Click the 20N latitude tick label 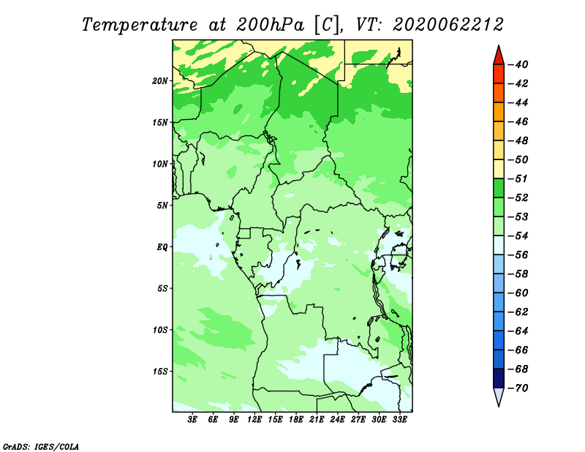tap(160, 81)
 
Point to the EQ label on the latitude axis tap(162, 247)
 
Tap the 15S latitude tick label tap(160, 372)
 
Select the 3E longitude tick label tap(192, 419)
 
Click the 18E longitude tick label tap(296, 419)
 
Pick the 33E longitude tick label tap(399, 419)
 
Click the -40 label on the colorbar tap(518, 64)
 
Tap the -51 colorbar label tap(518, 178)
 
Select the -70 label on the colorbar tap(518, 388)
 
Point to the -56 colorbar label tap(518, 255)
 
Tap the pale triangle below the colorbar tap(499, 396)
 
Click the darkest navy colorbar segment tap(499, 378)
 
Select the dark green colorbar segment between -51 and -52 tap(499, 188)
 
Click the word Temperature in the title tap(140, 25)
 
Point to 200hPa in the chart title tap(271, 25)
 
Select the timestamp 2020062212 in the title tap(448, 25)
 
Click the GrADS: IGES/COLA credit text tap(41, 447)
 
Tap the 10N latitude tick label tap(160, 164)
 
